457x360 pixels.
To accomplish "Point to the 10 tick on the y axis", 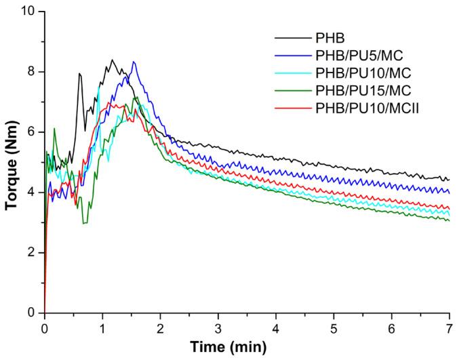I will coord(28,12).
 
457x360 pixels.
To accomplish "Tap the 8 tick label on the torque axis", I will coord(31,72).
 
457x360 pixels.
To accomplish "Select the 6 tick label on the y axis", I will coord(31,132).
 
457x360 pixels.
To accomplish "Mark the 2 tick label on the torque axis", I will coord(31,253).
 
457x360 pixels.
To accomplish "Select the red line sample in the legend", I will coord(289,107).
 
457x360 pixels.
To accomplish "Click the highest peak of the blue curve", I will coord(134,62).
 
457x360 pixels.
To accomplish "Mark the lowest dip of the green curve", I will coord(84,223).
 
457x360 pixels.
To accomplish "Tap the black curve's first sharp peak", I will coord(79,73).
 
